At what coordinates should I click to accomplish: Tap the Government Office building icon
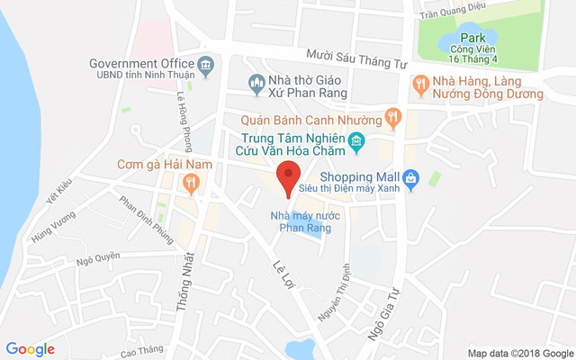(206, 64)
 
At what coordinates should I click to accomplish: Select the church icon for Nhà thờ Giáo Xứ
(256, 84)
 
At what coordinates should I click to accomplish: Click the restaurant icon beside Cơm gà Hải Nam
(189, 184)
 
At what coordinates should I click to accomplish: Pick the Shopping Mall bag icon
(410, 177)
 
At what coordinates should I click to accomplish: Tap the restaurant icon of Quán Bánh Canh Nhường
(391, 116)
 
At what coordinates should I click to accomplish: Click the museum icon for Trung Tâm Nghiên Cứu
(356, 140)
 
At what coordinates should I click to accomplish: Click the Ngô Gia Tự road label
(382, 314)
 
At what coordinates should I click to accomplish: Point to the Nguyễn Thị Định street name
(333, 294)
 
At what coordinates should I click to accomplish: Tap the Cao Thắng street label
(139, 351)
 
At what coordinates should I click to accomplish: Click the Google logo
(31, 349)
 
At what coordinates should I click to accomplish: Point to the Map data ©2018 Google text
(520, 353)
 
